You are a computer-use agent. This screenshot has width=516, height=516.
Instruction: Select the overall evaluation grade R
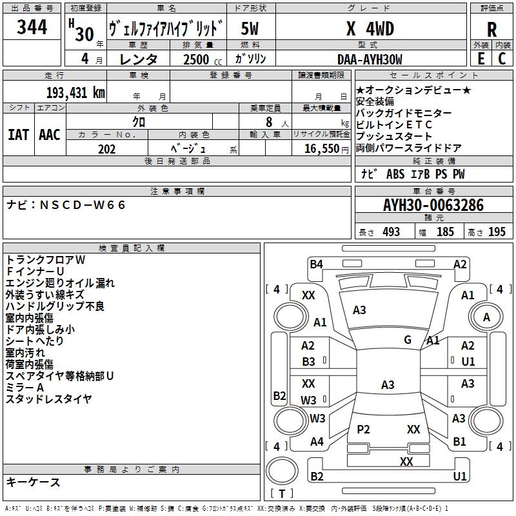(x=491, y=30)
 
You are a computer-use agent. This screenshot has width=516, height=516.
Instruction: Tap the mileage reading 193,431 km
(x=75, y=92)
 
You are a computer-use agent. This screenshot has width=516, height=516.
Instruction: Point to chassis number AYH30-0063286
(x=433, y=205)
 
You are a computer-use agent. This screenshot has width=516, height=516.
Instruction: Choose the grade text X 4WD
(x=370, y=29)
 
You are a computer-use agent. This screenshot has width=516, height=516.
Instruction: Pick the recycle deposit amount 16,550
(x=321, y=149)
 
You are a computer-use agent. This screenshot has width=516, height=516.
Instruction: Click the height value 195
(x=497, y=232)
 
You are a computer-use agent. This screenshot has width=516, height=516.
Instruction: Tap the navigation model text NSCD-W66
(x=83, y=205)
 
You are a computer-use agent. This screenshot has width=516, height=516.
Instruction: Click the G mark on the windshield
(x=408, y=339)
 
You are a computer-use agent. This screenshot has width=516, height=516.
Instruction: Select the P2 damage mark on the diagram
(x=363, y=430)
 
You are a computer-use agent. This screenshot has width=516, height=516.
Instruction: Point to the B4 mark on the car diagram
(x=316, y=263)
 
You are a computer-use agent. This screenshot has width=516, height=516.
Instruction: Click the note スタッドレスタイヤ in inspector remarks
(x=48, y=399)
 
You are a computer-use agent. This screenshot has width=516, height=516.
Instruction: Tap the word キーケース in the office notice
(x=34, y=482)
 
